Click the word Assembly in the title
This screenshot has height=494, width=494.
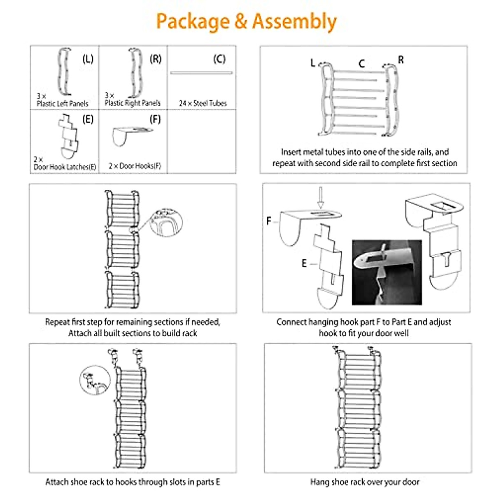click(294, 21)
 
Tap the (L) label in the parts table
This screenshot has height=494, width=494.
click(88, 59)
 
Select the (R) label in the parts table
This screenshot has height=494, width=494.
click(156, 59)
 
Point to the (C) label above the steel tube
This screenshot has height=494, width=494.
click(219, 59)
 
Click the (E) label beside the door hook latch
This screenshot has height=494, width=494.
click(88, 119)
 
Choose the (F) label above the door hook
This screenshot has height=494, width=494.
click(155, 119)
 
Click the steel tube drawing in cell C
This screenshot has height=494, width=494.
click(201, 73)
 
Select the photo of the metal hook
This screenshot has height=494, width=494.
click(387, 273)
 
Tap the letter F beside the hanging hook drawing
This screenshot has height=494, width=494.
click(269, 221)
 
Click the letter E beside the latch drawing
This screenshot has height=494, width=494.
click(304, 263)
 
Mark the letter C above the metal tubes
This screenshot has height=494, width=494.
click(361, 63)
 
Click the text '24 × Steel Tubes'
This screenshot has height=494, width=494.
click(203, 103)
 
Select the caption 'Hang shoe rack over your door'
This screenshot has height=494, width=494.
click(365, 482)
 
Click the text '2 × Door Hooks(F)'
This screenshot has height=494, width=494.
click(135, 166)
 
